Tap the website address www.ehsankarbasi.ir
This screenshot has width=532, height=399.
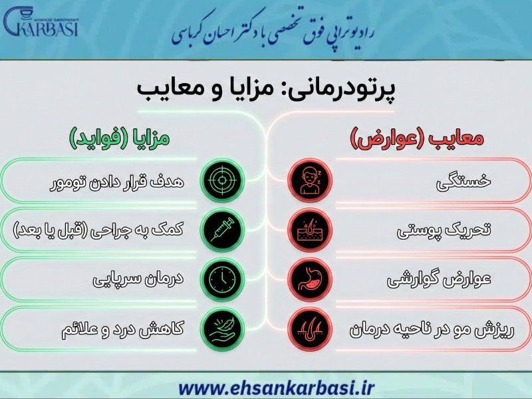pyautogui.click(x=266, y=386)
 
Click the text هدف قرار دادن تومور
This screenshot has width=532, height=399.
pyautogui.click(x=116, y=181)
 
